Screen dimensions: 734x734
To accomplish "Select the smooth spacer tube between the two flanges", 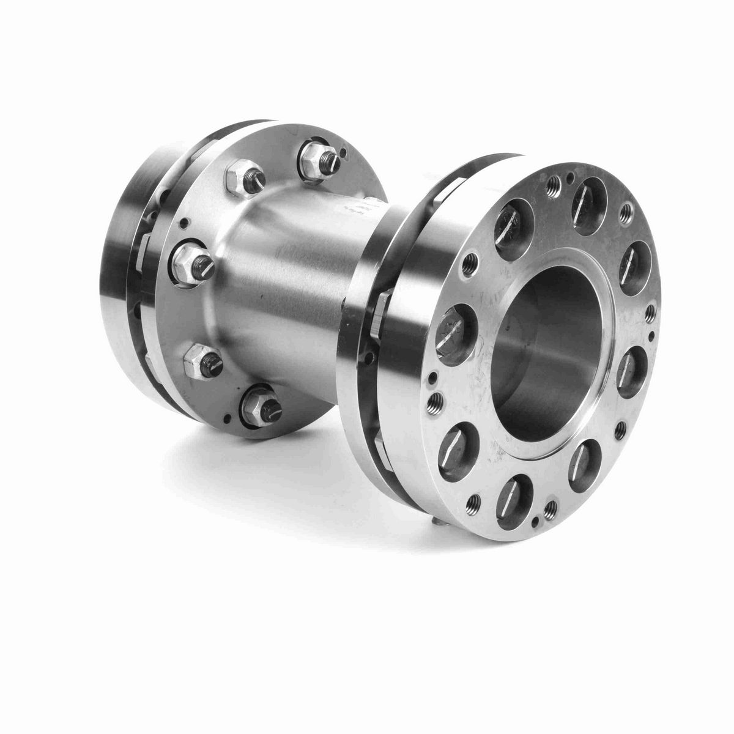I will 294,275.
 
